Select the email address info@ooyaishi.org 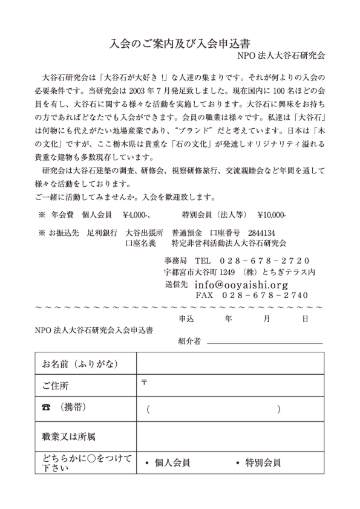pos(241,284)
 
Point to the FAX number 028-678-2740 pos(266,296)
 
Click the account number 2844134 pos(261,233)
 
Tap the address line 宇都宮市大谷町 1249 pos(194,272)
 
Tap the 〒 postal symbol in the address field pos(144,381)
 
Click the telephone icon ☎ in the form pos(46,408)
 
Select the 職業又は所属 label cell pos(68,435)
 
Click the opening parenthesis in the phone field pos(147,409)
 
